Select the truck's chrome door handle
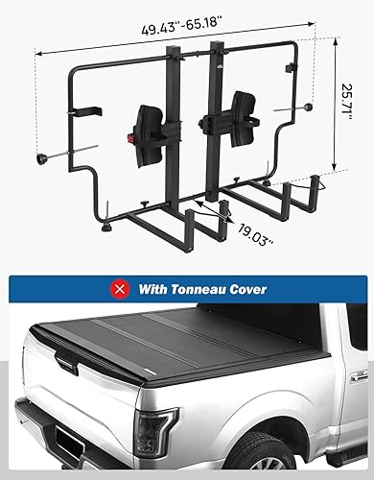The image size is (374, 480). pyautogui.click(x=358, y=377)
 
